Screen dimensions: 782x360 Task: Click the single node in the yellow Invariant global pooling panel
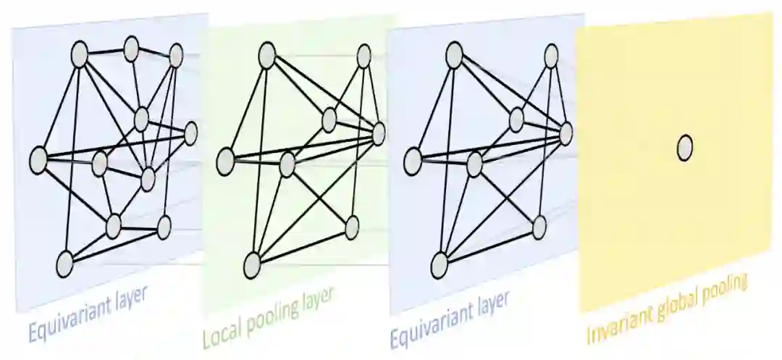[x=684, y=148]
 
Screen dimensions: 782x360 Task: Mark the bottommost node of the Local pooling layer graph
[x=252, y=266]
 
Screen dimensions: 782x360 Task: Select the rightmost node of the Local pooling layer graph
[x=379, y=132]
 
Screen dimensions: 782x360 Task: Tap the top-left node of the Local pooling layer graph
[x=266, y=52]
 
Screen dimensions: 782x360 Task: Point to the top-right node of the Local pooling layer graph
[x=365, y=56]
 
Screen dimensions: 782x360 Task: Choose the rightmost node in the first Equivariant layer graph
[x=190, y=133]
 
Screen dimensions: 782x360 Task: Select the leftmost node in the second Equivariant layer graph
[x=413, y=161]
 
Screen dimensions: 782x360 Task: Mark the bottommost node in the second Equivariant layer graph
[x=440, y=266]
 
